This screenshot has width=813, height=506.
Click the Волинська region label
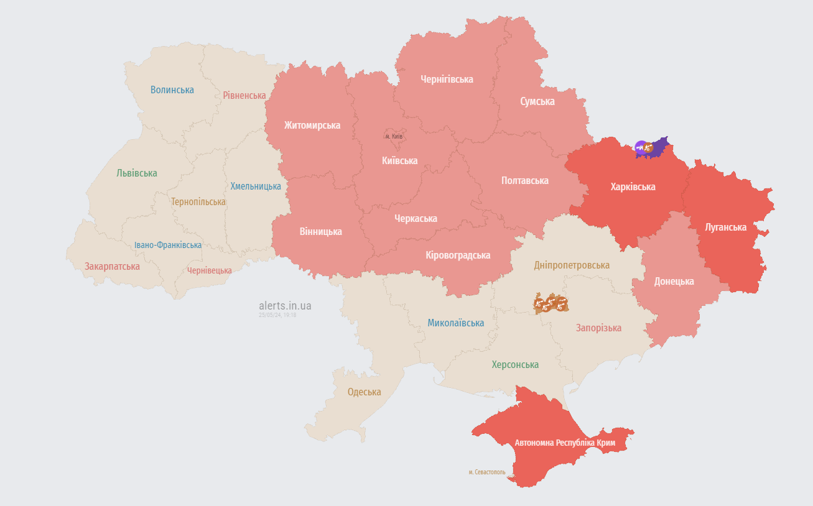click(172, 90)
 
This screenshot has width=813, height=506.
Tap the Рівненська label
click(244, 96)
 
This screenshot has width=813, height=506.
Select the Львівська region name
click(137, 173)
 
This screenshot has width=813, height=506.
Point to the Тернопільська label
click(198, 202)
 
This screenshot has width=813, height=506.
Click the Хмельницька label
click(256, 186)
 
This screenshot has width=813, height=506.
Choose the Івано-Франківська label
click(168, 245)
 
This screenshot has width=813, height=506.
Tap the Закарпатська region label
click(113, 267)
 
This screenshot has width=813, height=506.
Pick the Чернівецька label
click(209, 270)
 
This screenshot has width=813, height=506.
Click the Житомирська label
click(312, 125)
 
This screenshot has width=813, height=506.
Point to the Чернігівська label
click(447, 80)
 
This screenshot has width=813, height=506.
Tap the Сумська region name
click(537, 101)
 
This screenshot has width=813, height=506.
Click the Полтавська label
click(525, 181)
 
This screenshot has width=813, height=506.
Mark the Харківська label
click(633, 186)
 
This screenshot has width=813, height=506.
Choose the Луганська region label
click(725, 227)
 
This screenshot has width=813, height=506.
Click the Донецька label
click(674, 282)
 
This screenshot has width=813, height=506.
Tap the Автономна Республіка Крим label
click(565, 443)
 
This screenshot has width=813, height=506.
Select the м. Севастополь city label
click(487, 472)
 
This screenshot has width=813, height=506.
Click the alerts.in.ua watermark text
click(285, 306)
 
